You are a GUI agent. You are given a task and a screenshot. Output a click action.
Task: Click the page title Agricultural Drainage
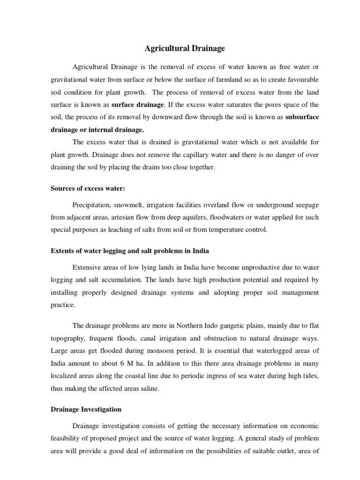pos(180,48)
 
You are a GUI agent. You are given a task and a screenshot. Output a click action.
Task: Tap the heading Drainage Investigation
pos(86,409)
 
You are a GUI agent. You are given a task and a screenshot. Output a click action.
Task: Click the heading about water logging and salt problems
pos(129,250)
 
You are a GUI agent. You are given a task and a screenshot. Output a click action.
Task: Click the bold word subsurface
pos(302,116)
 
